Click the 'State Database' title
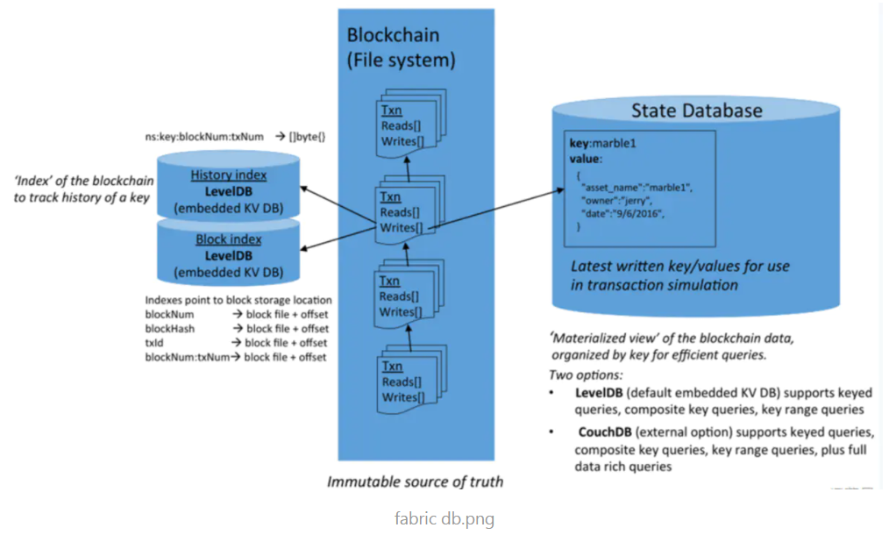tap(697, 111)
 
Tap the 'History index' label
tap(229, 175)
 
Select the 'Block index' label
tap(229, 239)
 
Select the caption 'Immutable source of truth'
tap(416, 481)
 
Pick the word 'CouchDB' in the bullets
tap(606, 432)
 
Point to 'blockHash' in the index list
tap(169, 328)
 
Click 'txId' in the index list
tap(156, 343)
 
